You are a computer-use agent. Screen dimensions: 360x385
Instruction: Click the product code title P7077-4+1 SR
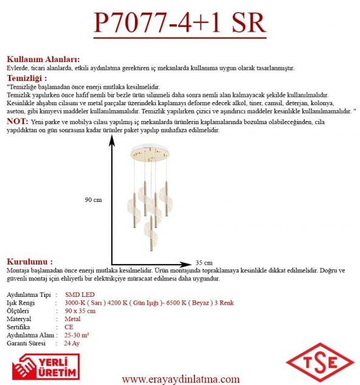tap(180, 23)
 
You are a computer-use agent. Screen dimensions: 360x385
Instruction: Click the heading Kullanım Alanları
tap(43, 60)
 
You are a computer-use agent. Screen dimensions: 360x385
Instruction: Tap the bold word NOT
tap(16, 122)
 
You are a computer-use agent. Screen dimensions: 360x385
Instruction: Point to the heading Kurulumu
tap(33, 260)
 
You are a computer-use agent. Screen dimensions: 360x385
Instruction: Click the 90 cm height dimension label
tap(93, 200)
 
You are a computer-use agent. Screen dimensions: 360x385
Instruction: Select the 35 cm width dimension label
tap(204, 263)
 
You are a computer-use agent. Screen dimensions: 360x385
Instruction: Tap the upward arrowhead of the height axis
tap(112, 140)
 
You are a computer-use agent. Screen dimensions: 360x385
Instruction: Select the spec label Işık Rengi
tap(21, 303)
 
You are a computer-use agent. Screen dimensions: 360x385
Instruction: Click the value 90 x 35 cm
tap(80, 311)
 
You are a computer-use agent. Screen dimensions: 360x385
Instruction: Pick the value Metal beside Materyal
tap(72, 319)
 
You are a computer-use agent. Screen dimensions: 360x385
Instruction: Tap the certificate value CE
tap(69, 327)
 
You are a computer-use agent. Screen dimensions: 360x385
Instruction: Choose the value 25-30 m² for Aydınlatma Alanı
tap(77, 335)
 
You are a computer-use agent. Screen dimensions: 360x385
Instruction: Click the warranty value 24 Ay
tap(72, 343)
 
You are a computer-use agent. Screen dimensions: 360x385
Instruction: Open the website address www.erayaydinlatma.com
tap(181, 378)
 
